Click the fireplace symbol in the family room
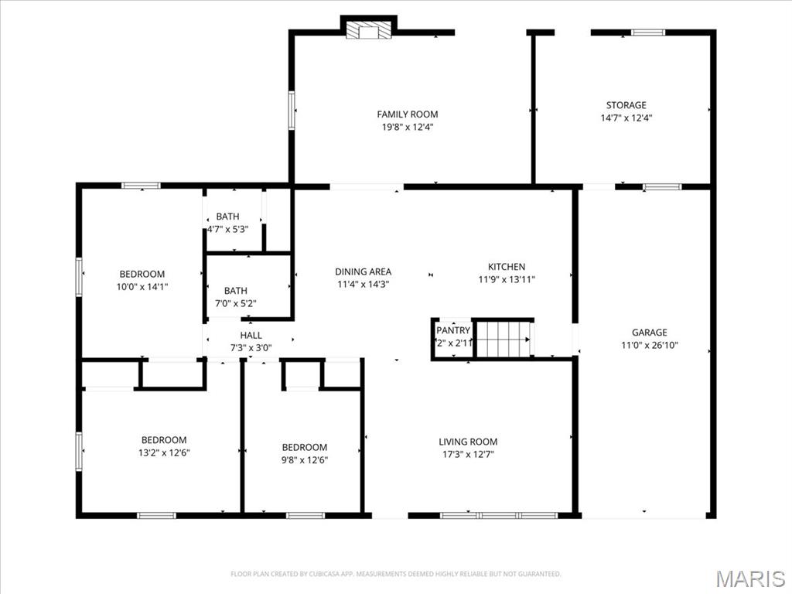pos(368,30)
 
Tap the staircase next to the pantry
pos(503,339)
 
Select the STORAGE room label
pos(626,105)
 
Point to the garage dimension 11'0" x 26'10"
pos(649,346)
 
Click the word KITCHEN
pos(507,267)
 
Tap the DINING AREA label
pos(363,271)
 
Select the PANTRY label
pos(453,330)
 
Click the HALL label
pos(251,335)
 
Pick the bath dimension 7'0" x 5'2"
pos(235,303)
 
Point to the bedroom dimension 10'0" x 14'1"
pos(142,286)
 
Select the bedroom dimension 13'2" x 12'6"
pos(163,453)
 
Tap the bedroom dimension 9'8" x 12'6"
pos(304,460)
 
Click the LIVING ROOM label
pos(468,442)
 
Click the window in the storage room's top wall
pos(647,32)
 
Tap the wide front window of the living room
pos(498,515)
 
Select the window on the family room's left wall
pos(292,109)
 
